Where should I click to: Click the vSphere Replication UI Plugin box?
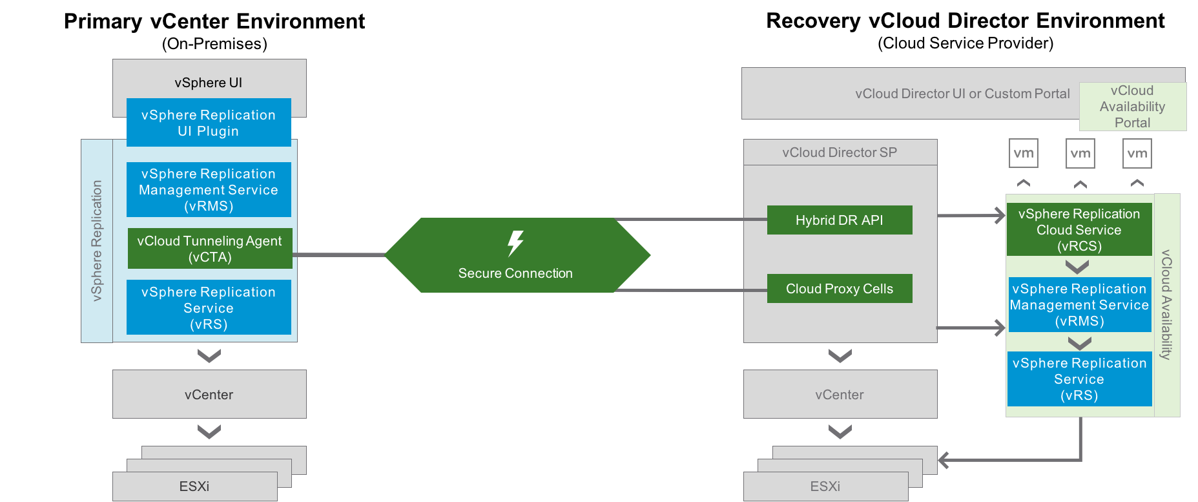coord(209,123)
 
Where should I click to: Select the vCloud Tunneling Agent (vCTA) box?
coord(210,249)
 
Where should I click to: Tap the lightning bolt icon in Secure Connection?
coord(515,244)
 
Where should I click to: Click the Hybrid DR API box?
coord(840,220)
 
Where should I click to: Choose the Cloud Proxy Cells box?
coord(840,289)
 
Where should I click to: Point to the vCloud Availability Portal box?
coord(1133,107)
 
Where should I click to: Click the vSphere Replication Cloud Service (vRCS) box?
coord(1079,230)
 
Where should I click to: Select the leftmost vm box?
coord(1024,154)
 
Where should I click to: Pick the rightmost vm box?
coord(1137,154)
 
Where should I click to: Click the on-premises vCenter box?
coord(209,394)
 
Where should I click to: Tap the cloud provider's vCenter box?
coord(840,394)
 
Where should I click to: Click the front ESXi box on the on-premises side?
coord(195,486)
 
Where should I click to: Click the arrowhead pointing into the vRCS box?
coord(1001,216)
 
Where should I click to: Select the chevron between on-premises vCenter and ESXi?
coord(209,431)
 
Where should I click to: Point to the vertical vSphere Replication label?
coord(97,240)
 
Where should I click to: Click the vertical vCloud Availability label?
coord(1166,304)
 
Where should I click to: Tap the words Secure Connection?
coord(515,273)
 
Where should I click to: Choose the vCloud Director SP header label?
coord(840,152)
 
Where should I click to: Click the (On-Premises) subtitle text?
coord(214,44)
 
